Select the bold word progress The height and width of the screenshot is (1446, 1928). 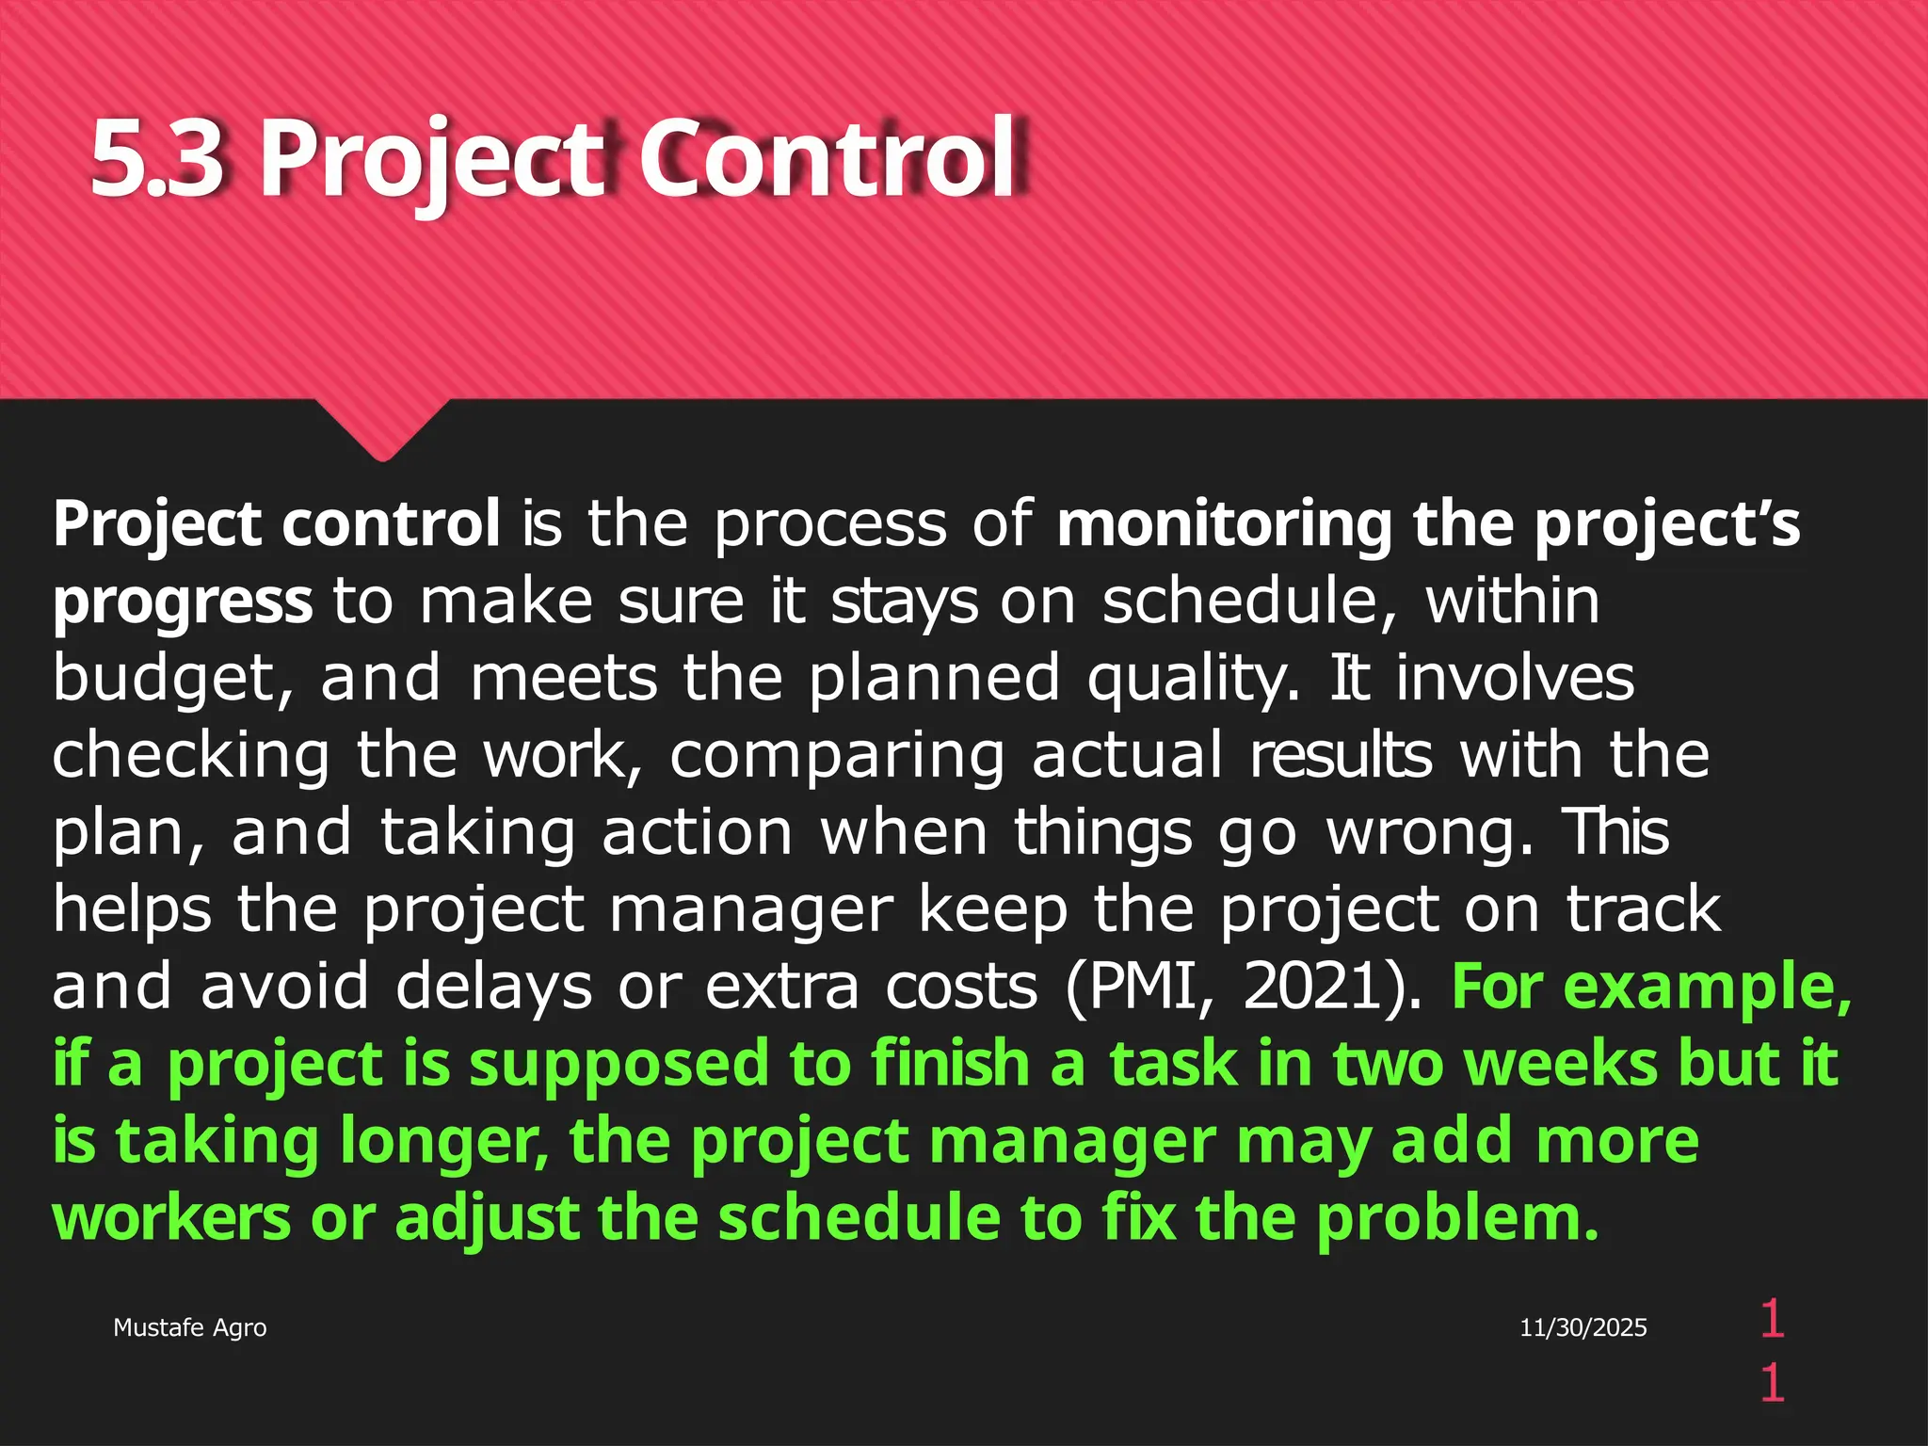coord(183,602)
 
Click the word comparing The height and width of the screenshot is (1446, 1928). coord(837,756)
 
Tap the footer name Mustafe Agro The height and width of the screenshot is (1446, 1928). coord(189,1327)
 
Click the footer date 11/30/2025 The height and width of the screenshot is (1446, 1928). coord(1583,1327)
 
